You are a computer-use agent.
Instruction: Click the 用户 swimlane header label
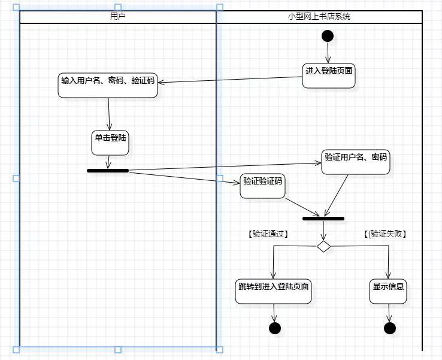click(118, 17)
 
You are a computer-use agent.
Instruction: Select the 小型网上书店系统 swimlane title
click(319, 17)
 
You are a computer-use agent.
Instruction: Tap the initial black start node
click(328, 36)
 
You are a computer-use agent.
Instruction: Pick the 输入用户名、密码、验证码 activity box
click(108, 85)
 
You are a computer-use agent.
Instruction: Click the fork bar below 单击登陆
click(108, 171)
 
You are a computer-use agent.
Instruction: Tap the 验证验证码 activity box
click(262, 186)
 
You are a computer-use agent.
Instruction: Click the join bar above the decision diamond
click(323, 219)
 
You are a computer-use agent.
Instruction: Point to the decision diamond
click(323, 246)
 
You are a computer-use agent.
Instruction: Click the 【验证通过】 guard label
click(268, 234)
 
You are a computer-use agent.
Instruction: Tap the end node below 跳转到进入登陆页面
click(275, 328)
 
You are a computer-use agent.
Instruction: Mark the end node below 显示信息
click(390, 328)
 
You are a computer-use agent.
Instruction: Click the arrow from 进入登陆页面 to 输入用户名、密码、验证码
click(231, 79)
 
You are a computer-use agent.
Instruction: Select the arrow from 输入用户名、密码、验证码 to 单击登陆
click(109, 114)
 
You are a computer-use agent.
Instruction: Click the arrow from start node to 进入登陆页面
click(328, 53)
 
